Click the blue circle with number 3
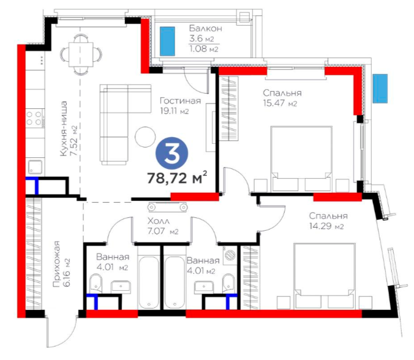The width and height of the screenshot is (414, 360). click(172, 154)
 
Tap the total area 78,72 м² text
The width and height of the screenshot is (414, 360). click(177, 178)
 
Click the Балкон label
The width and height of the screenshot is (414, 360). click(205, 29)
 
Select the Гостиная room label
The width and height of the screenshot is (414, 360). click(180, 101)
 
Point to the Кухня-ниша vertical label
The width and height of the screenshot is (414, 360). click(64, 129)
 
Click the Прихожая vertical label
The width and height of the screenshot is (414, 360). click(56, 264)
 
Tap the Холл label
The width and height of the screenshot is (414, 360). click(159, 221)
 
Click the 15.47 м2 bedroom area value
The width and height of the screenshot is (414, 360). click(280, 103)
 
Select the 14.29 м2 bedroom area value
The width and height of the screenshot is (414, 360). click(326, 227)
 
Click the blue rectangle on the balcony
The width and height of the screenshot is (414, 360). click(167, 41)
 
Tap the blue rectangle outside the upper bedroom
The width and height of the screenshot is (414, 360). click(380, 88)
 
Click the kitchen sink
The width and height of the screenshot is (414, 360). click(35, 167)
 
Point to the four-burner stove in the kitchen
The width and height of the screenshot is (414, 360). click(35, 118)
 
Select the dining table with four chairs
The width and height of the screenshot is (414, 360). click(81, 55)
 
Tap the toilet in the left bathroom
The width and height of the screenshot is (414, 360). click(96, 283)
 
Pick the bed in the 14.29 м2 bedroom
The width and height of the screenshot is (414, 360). click(325, 276)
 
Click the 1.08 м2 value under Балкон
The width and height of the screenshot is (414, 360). click(204, 49)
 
